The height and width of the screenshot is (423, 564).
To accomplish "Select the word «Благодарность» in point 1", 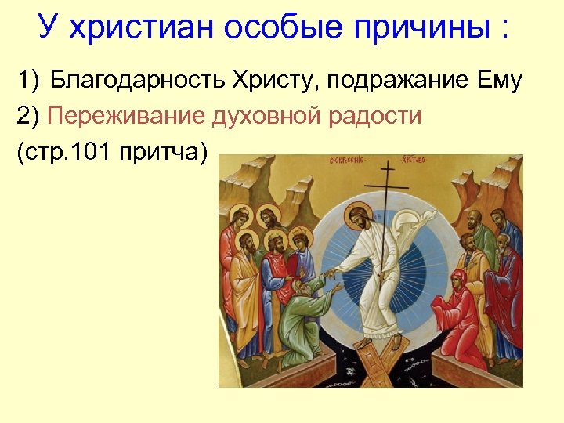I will (x=136, y=81).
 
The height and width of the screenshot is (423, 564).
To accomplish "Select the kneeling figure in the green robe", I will (x=305, y=313).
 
